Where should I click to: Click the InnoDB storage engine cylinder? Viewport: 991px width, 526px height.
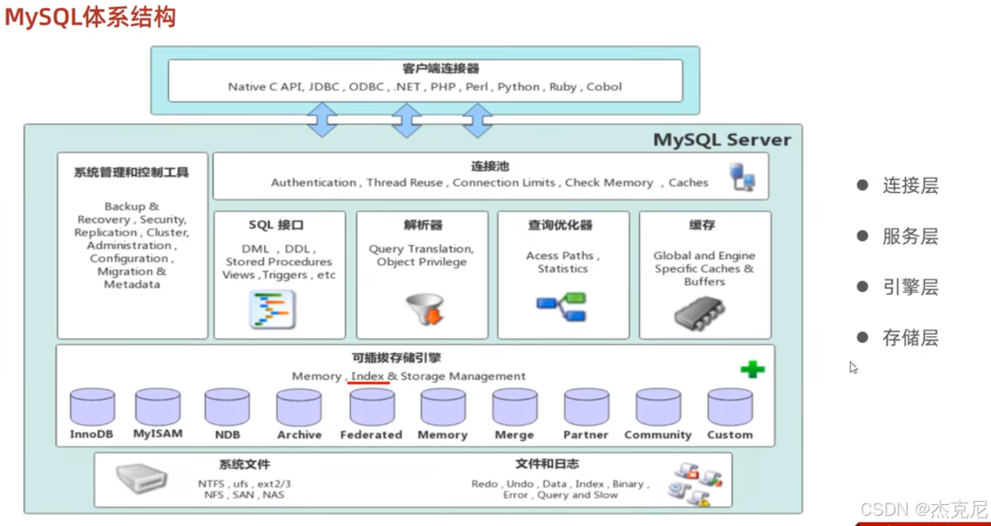(x=92, y=406)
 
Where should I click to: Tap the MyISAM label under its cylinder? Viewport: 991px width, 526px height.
(x=158, y=433)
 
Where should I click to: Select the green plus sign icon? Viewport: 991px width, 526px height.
(x=752, y=370)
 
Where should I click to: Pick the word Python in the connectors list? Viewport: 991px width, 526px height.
(x=518, y=87)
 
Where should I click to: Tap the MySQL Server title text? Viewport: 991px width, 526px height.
(x=722, y=140)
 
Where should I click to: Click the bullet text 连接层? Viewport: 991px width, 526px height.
(x=910, y=186)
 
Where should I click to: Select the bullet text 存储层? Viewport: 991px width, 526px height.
(x=910, y=338)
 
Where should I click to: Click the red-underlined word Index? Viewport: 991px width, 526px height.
(x=367, y=377)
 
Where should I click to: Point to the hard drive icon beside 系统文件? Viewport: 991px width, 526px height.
(x=142, y=479)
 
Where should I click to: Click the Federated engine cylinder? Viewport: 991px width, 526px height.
(x=371, y=406)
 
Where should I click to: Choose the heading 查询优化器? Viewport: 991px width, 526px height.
(x=560, y=226)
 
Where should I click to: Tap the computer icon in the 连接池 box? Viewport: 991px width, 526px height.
(x=742, y=177)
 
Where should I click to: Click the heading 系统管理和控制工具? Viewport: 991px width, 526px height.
(x=132, y=173)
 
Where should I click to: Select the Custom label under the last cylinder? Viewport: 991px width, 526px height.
(x=729, y=435)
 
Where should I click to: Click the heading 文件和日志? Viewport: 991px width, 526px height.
(x=546, y=465)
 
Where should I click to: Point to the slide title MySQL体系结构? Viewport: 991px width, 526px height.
(x=90, y=18)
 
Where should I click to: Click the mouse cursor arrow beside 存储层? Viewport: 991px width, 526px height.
(x=854, y=367)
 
